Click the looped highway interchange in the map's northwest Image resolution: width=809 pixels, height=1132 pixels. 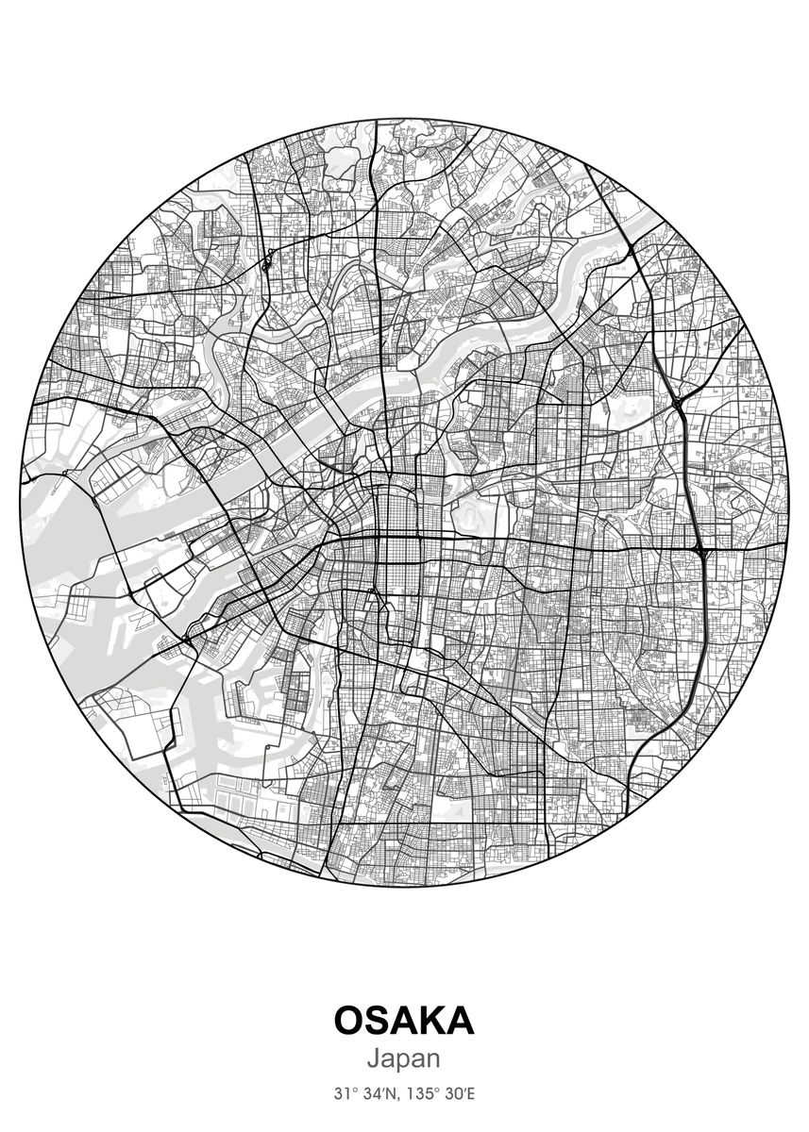click(268, 258)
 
